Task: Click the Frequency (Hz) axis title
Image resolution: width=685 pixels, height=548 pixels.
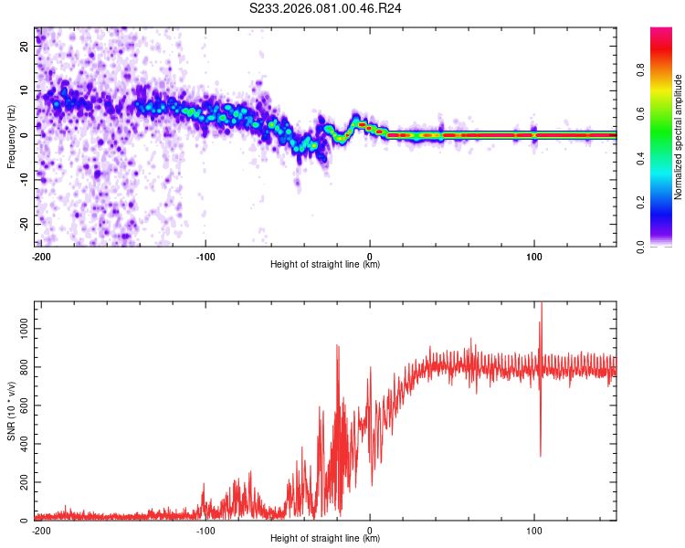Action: coord(12,136)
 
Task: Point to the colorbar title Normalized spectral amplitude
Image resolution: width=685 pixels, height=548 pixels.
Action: coord(678,137)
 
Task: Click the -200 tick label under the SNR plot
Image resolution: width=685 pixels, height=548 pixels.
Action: coord(40,530)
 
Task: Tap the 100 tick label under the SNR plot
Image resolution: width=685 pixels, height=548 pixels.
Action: coord(534,530)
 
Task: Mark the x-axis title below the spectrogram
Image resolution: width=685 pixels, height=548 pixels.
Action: coord(325,265)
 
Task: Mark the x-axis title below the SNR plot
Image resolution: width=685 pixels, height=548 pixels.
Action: coord(325,539)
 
